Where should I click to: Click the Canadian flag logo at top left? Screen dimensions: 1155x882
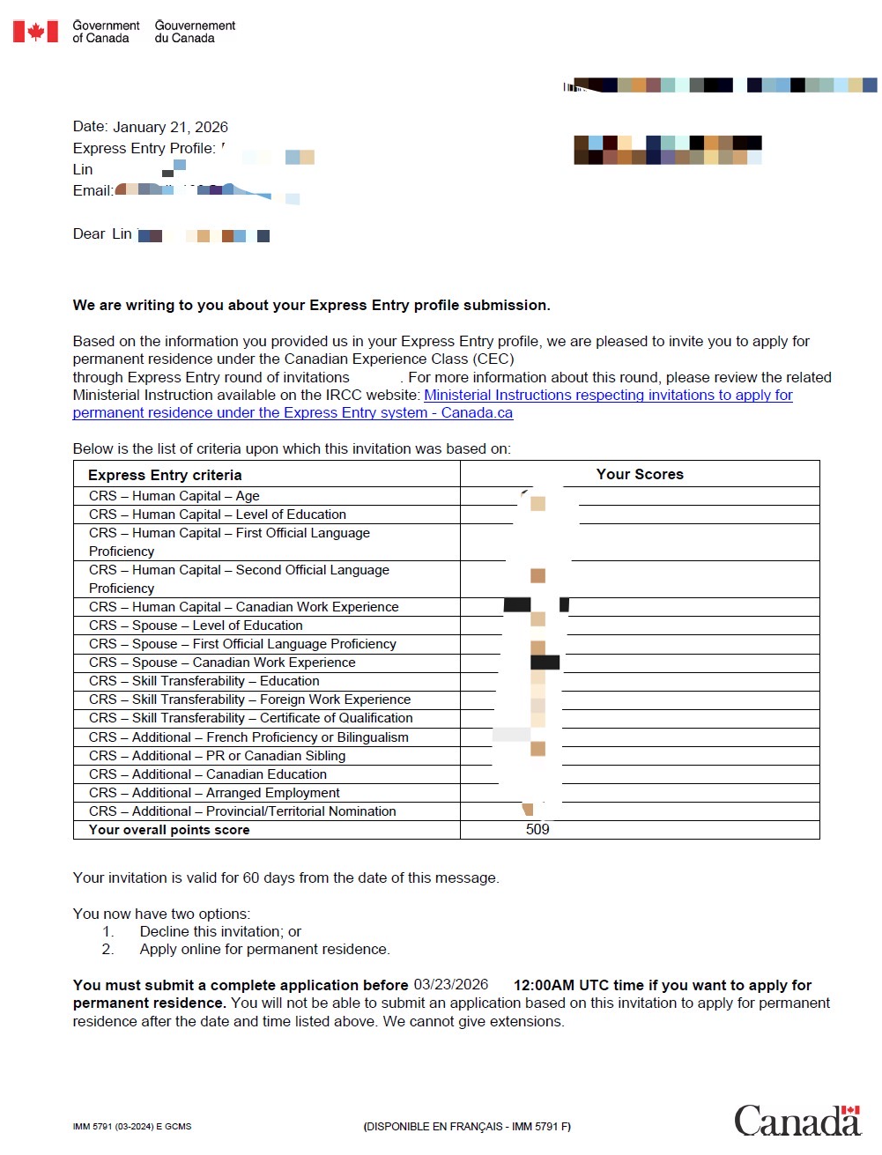coord(35,32)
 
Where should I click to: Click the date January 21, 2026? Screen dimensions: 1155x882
coord(170,127)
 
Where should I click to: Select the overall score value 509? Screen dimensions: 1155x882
coord(537,830)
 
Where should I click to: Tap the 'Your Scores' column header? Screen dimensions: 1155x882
coord(640,474)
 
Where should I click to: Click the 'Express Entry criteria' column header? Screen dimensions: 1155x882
coord(165,475)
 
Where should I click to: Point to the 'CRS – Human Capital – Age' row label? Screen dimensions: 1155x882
coord(174,496)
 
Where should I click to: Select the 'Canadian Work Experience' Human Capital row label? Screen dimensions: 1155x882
coord(244,607)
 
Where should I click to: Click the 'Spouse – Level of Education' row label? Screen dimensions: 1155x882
coord(196,626)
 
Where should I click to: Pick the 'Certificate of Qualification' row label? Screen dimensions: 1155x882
coord(250,718)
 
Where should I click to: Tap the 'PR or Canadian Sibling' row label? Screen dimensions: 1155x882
coord(217,756)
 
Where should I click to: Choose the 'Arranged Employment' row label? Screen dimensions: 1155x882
coord(214,793)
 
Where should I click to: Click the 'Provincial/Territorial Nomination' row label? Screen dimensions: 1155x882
coord(242,811)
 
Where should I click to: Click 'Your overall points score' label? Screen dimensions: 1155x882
coord(169,830)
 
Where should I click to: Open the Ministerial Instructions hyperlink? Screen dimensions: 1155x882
coord(608,396)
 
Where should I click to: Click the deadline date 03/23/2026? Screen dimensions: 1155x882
coord(451,984)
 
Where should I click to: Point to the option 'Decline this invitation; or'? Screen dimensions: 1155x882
coord(220,931)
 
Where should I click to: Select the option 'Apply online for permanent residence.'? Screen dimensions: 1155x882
coord(264,949)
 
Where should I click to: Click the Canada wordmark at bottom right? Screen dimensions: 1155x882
coord(797,1121)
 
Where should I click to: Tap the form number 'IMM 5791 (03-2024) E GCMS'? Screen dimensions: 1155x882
coord(132,1127)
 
